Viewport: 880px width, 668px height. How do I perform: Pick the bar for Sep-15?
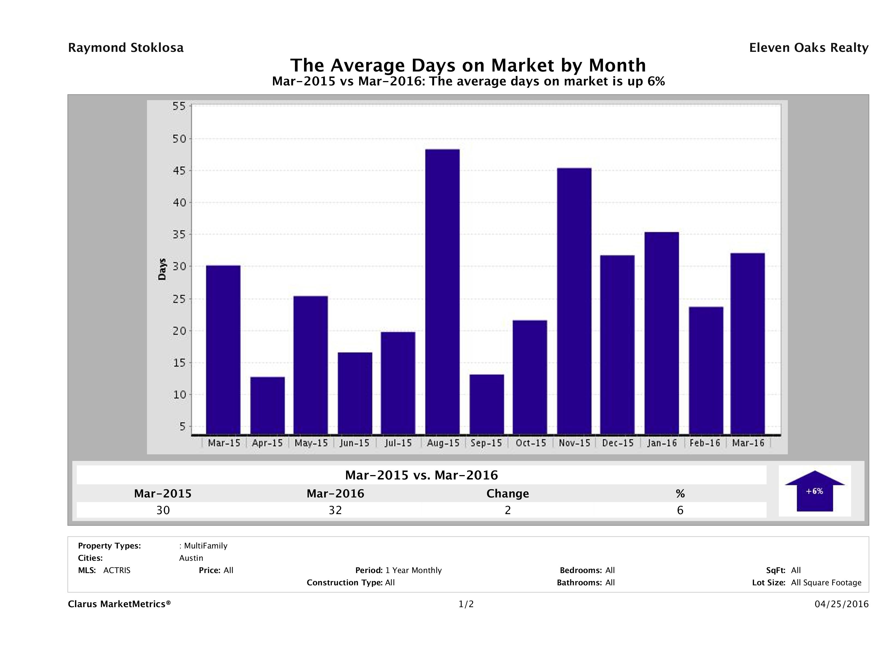pos(486,404)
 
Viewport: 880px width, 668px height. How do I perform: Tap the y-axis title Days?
pos(162,270)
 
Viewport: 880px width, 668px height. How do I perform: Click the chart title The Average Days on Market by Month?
pos(468,65)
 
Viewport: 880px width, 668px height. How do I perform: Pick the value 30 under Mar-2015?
pos(163,510)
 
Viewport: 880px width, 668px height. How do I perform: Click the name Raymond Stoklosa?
pos(126,48)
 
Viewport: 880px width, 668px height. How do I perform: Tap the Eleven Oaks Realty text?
pos(808,48)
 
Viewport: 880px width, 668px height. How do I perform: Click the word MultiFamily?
pos(206,546)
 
